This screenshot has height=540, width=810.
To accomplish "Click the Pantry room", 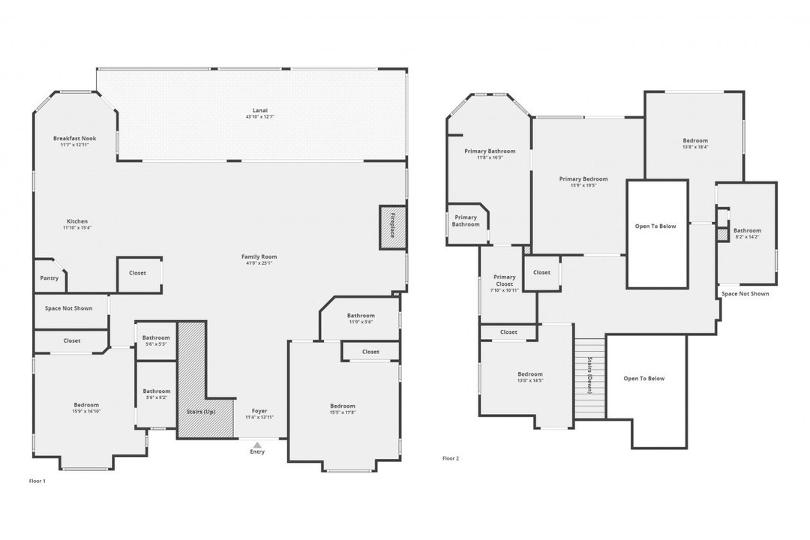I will pos(49,277).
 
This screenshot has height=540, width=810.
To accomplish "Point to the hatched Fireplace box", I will pos(392,227).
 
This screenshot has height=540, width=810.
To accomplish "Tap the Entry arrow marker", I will pos(257,445).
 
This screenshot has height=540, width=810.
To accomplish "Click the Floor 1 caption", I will pos(37,481).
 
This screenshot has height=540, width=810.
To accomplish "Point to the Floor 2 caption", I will pos(451,458).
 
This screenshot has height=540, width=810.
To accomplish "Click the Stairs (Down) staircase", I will pos(589,375).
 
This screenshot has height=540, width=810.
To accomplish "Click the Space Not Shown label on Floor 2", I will pos(745,294).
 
